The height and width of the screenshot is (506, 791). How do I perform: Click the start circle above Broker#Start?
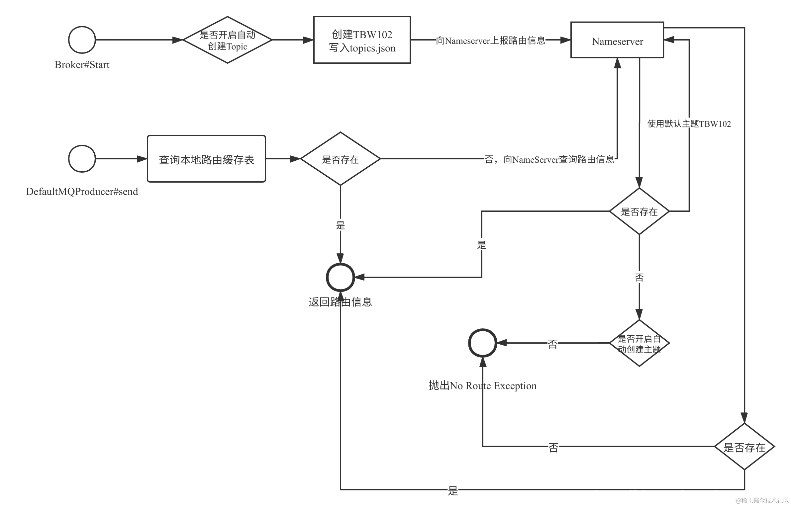[x=82, y=40]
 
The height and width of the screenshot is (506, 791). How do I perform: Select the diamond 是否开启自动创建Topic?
[x=228, y=40]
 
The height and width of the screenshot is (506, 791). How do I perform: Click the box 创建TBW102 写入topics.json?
[x=362, y=40]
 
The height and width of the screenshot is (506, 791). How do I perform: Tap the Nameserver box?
[x=617, y=40]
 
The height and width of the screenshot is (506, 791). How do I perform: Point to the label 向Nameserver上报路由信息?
[x=491, y=41]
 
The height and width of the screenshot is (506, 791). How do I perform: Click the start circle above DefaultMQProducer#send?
[x=82, y=159]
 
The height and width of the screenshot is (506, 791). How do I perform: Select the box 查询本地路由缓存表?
[x=206, y=159]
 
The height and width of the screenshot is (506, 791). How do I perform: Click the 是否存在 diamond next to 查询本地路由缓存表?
[x=340, y=159]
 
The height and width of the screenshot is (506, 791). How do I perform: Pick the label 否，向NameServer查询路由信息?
[x=549, y=159]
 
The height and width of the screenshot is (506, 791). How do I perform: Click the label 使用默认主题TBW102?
[x=689, y=124]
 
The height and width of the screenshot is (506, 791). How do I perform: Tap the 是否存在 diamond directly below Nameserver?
[x=639, y=211]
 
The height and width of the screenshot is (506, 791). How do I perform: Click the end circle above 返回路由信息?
[x=340, y=277]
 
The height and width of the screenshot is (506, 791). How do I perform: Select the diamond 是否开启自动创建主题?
[x=639, y=343]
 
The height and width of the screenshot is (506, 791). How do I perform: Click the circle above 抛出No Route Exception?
[x=482, y=343]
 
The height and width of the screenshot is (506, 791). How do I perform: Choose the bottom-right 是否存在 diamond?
[x=744, y=447]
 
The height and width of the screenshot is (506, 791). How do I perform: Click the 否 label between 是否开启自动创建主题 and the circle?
[x=552, y=343]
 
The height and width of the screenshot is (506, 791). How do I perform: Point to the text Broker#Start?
[x=82, y=65]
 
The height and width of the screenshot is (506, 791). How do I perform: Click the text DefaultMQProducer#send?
[x=82, y=192]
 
